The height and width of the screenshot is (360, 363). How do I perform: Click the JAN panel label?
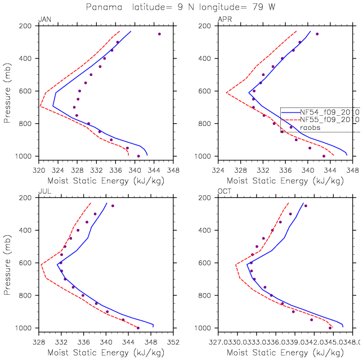[43, 20]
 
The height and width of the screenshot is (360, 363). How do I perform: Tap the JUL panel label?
[43, 192]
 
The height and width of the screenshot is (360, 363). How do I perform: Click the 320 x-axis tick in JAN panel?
[38, 168]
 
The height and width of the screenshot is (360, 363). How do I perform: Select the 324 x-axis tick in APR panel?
[218, 168]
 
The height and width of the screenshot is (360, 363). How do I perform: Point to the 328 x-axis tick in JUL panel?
[38, 340]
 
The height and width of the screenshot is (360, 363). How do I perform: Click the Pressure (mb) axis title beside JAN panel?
[7, 91]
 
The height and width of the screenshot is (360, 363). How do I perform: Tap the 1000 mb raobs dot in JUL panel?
[138, 328]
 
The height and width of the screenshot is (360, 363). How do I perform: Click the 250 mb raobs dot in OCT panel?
[306, 206]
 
